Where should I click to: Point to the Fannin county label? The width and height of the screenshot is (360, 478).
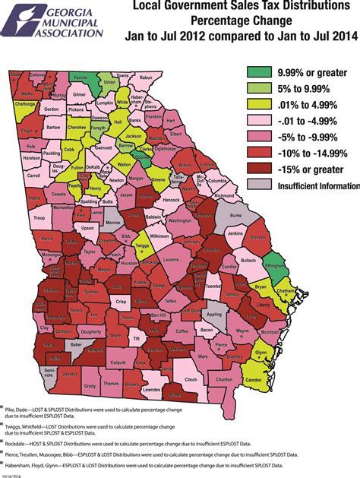(79, 77)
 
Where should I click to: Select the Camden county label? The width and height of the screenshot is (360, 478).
(254, 379)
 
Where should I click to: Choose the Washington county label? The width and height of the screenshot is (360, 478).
(180, 220)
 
